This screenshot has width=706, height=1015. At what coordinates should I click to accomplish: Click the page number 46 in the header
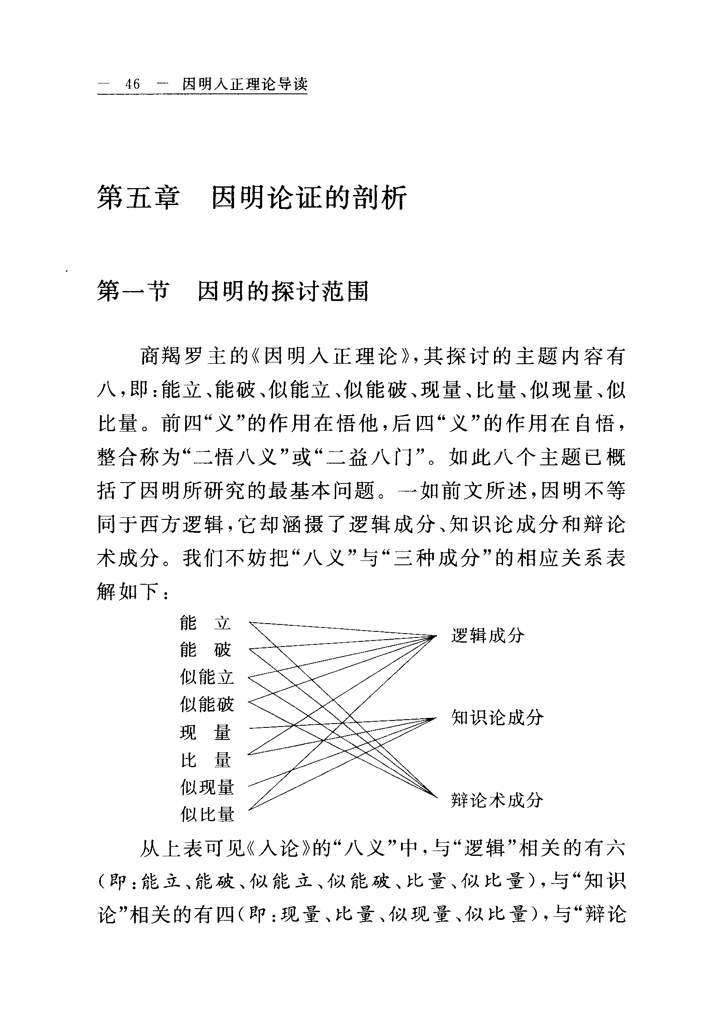[133, 84]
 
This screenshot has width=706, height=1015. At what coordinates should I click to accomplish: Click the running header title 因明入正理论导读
[244, 84]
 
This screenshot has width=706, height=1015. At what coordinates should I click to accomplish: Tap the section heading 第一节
[133, 291]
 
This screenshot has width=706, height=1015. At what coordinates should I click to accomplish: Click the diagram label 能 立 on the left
[205, 623]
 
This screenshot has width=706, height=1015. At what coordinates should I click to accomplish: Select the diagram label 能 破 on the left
[205, 650]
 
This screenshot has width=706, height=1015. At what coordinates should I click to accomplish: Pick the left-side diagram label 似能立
[207, 677]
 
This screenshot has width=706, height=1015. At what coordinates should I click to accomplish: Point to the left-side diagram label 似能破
[207, 704]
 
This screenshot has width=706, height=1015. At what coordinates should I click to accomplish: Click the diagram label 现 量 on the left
[205, 733]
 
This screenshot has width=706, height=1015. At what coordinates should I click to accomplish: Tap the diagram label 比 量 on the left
[205, 760]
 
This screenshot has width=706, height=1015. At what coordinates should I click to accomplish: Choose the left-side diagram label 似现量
[207, 787]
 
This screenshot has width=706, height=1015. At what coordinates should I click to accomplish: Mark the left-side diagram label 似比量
[207, 814]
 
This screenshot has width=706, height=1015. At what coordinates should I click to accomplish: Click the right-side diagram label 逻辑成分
[488, 636]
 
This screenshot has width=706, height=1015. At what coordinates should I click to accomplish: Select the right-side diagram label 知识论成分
[497, 717]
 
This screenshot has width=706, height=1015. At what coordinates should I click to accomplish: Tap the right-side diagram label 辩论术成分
[497, 800]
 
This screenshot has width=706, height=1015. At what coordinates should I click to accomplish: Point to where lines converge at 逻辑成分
[436, 636]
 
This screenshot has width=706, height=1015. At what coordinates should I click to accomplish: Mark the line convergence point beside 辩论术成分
[436, 798]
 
